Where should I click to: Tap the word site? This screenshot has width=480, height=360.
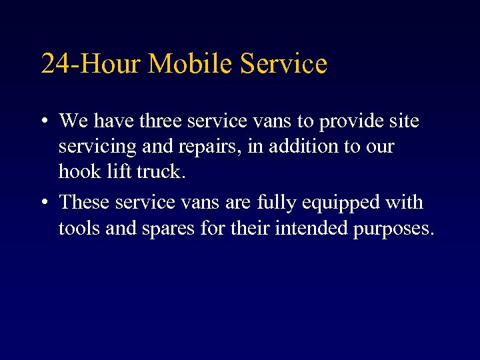point(405,121)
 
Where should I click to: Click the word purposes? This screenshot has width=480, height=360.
point(395,229)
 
